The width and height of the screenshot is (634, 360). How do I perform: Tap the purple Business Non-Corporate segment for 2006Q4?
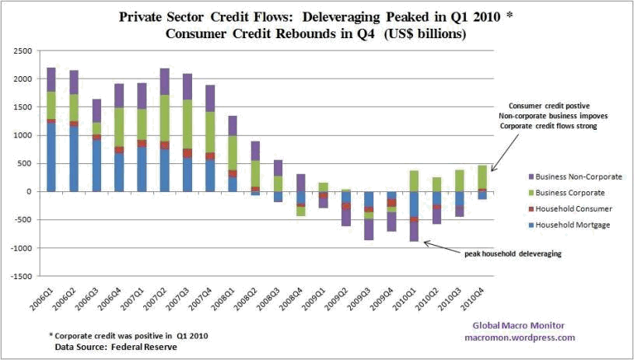(119, 95)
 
